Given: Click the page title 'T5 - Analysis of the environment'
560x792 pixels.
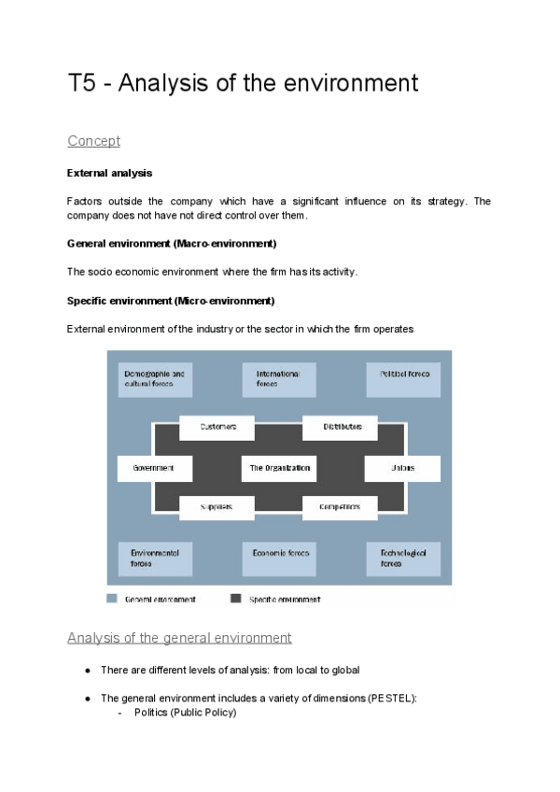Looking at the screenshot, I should (243, 83).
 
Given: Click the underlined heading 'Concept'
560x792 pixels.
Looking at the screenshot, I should (93, 141).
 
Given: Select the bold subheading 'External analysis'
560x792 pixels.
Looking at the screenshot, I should (109, 173).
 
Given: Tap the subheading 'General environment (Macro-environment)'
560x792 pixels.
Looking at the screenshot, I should (172, 243).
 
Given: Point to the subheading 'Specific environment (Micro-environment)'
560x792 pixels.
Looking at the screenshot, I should (171, 301).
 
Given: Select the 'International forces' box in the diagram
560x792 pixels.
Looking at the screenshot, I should (279, 379).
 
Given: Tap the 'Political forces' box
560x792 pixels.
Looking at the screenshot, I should (403, 379).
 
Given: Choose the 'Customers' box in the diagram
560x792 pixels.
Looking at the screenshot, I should (217, 427).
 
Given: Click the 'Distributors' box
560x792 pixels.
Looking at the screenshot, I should (341, 427).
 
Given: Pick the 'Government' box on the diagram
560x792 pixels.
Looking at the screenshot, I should (155, 468).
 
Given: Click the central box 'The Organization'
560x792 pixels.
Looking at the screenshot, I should (279, 468).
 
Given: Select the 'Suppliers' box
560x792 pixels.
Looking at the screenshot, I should (217, 507).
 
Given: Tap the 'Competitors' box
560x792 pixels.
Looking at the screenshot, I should (341, 507).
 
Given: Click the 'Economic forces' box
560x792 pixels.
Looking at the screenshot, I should (279, 558).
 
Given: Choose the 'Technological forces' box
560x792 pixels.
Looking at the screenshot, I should (403, 558).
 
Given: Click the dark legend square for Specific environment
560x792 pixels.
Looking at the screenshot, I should (235, 599).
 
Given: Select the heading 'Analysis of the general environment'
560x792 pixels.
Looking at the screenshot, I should (179, 638).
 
